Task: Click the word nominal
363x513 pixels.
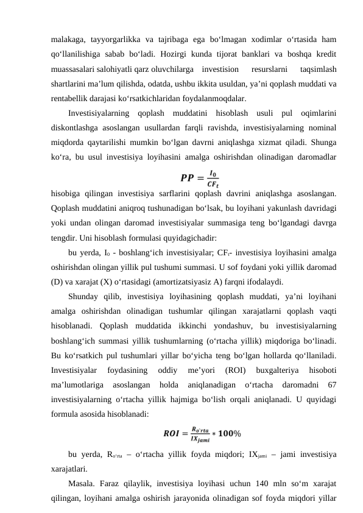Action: (322, 127)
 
